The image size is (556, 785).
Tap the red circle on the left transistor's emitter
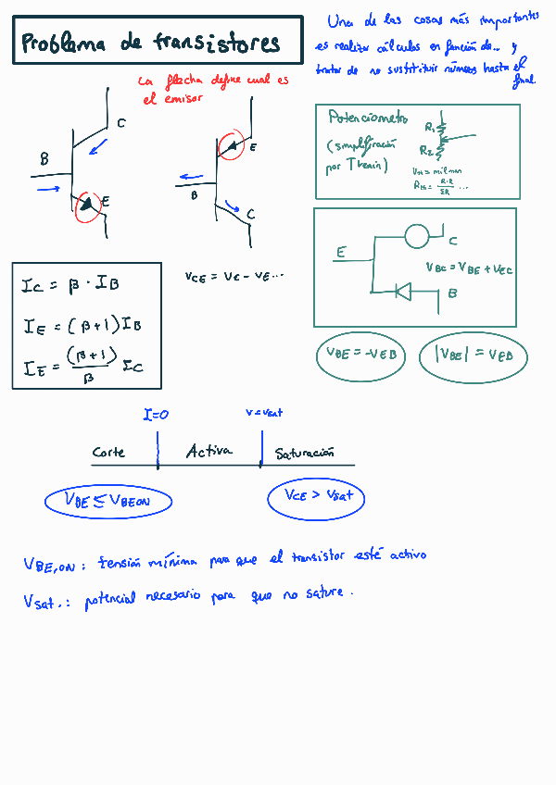pos(89,206)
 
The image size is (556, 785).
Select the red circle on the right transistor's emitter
pos(232,145)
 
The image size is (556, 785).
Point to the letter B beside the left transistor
pos(44,160)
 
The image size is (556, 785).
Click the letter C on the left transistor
pos(121,123)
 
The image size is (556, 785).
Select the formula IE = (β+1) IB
pos(82,325)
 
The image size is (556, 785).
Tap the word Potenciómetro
pos(367,118)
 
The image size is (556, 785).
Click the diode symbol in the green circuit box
pos(403,292)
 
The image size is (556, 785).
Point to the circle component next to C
pos(418,235)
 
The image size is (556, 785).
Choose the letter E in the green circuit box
pos(341,252)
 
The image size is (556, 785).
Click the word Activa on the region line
pos(208,452)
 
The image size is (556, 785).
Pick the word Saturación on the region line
pos(304,454)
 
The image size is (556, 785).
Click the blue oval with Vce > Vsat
pos(316,497)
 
